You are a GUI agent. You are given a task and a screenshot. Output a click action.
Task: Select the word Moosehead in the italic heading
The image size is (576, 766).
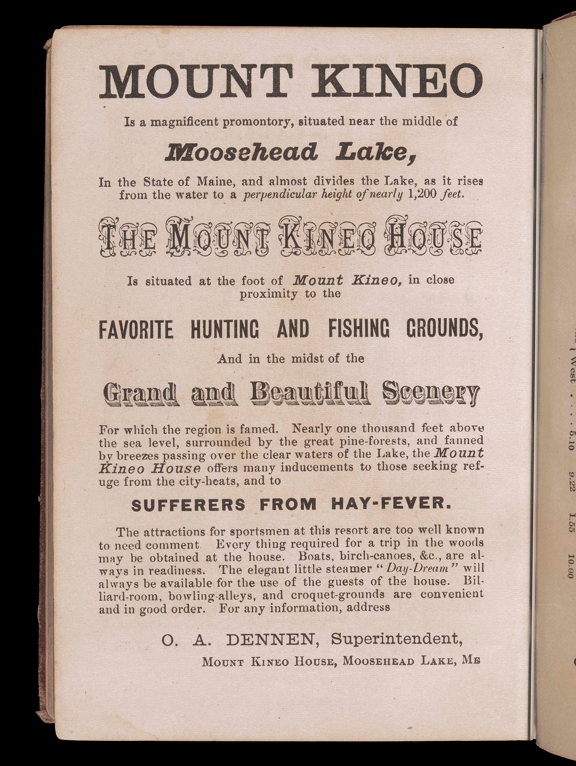[x=241, y=152]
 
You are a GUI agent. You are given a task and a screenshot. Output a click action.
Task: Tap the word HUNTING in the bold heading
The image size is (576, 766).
[x=224, y=329]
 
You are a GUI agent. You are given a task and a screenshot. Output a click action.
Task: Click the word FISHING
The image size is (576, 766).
[x=359, y=329]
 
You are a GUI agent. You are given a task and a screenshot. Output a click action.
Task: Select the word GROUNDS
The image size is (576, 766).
[x=444, y=329]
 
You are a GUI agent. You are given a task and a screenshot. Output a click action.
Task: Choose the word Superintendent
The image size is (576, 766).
[x=397, y=639]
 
